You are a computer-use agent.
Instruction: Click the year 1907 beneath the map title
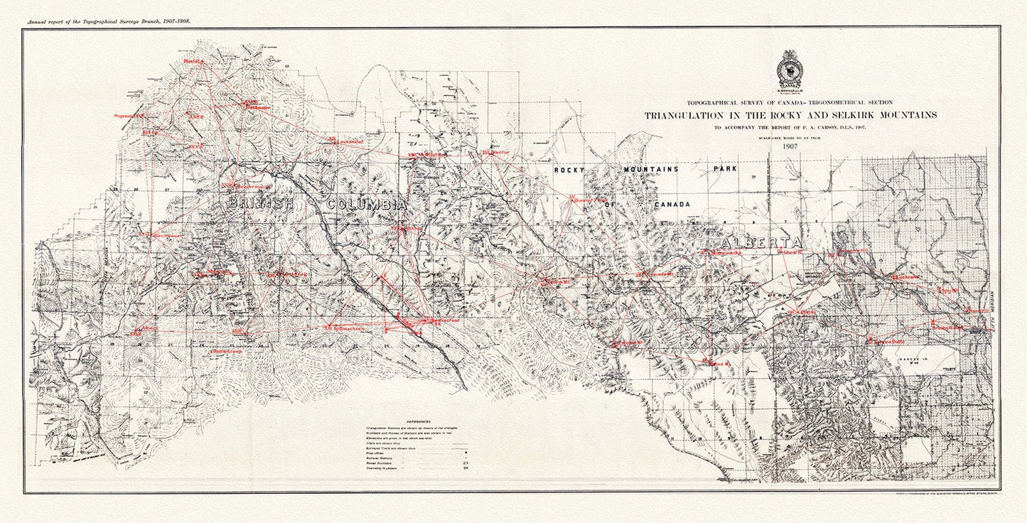tap(790, 146)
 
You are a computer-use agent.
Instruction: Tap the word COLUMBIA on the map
tap(367, 205)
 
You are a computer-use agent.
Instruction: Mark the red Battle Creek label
tap(227, 351)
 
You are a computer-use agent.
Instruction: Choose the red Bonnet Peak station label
tap(592, 201)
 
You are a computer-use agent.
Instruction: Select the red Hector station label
tap(500, 153)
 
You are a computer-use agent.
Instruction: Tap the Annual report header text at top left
tap(109, 22)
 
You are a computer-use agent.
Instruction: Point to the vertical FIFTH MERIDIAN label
tap(993, 312)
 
